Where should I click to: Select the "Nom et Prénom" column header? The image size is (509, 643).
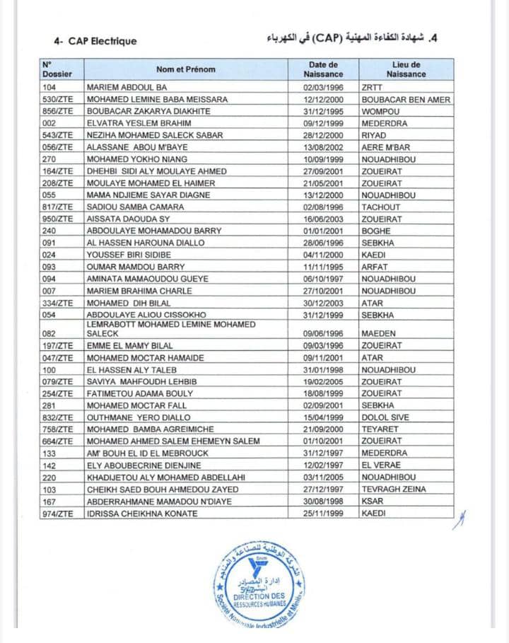186,69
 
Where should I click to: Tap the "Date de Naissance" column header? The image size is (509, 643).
323,69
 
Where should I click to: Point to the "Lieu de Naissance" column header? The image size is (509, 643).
406,69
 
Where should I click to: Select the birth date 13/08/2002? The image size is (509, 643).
323,147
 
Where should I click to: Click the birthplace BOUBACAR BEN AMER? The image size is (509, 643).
405,100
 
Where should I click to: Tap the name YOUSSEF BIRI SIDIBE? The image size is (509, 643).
129,255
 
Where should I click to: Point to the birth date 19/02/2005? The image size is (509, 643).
323,381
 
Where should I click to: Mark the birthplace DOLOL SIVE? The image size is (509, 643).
385,417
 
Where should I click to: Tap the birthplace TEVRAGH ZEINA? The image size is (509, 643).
394,489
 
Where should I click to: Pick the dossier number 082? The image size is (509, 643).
49,333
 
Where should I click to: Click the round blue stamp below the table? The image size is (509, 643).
260,584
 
